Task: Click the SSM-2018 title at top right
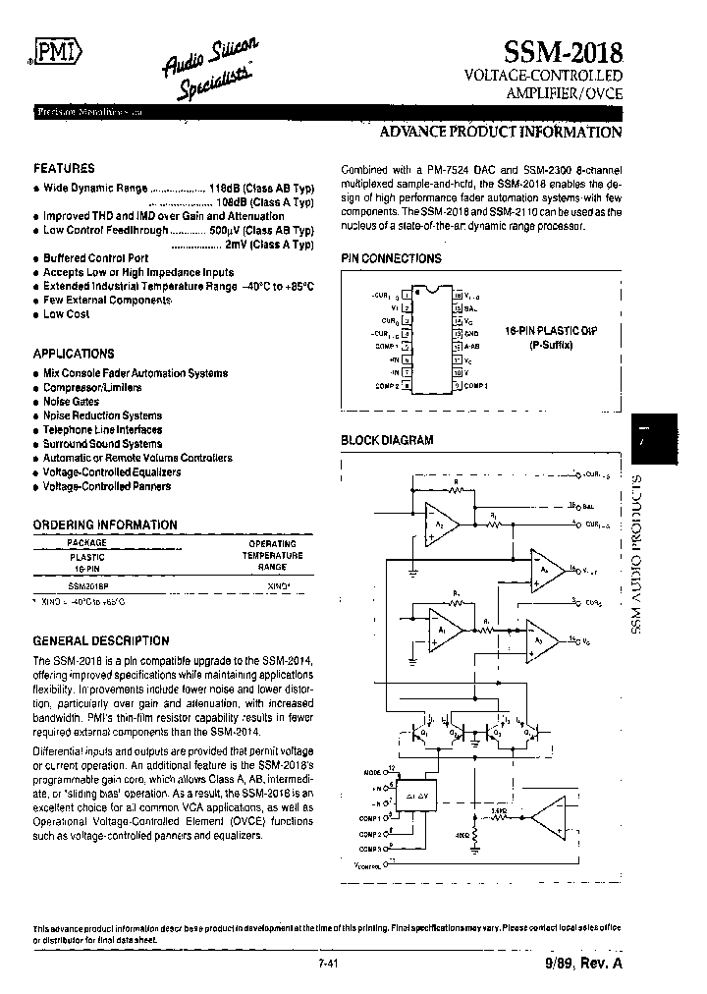point(563,52)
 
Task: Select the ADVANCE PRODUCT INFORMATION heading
point(501,132)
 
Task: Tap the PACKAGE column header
point(86,542)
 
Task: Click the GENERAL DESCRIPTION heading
point(101,640)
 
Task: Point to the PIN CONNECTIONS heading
point(391,258)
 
